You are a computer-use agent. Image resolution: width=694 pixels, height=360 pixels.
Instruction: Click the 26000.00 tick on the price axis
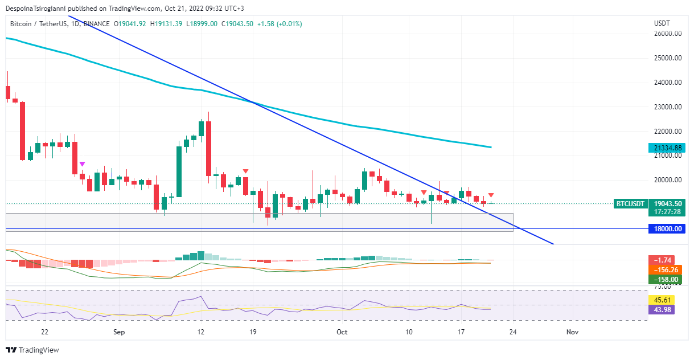coord(668,34)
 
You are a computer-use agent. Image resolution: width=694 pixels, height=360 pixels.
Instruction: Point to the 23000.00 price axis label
coord(668,107)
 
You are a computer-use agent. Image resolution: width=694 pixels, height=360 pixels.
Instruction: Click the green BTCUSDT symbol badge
coord(631,203)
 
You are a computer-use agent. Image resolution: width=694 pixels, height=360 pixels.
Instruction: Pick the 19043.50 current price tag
coord(668,203)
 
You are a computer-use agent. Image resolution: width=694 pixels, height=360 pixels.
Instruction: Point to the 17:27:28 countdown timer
coord(668,212)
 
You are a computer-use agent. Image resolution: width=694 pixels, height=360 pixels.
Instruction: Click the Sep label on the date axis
coord(119,332)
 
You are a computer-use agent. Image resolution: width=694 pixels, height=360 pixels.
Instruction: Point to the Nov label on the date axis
coord(573,332)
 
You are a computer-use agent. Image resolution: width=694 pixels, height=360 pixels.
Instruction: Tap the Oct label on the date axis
coord(342,332)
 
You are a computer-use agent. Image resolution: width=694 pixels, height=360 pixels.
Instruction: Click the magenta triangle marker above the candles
coord(83,164)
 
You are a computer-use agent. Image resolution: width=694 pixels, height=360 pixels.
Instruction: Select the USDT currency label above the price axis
coord(662,23)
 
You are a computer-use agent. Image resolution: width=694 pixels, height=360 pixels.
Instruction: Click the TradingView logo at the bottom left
coord(32,350)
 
